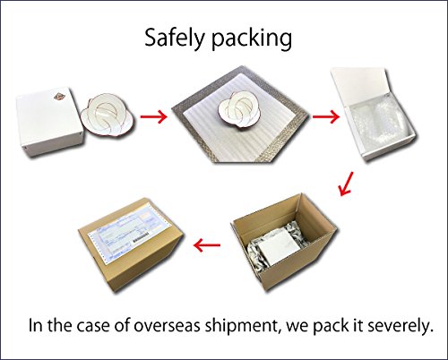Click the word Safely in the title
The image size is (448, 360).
click(176, 39)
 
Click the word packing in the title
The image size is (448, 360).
click(252, 39)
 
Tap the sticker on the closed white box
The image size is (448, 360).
click(59, 97)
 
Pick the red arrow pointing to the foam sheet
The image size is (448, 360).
click(154, 116)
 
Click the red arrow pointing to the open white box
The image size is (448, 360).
click(326, 116)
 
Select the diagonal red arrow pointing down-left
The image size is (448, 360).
click(347, 184)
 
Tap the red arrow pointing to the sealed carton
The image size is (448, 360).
click(207, 245)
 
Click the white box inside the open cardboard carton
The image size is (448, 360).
click(276, 245)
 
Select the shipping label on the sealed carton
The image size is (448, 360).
click(128, 233)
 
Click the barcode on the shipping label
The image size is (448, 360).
click(141, 237)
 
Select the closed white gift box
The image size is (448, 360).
click(49, 121)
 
